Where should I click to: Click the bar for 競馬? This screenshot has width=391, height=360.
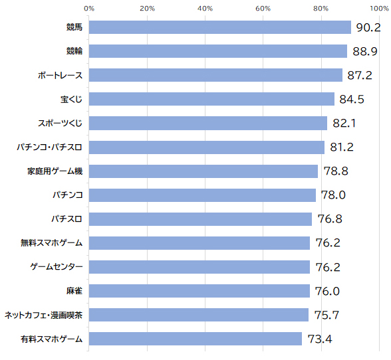220,27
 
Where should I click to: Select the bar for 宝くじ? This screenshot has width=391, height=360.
211,99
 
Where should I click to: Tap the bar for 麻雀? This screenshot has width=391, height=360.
199,291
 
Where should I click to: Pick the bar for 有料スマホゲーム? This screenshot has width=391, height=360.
195,339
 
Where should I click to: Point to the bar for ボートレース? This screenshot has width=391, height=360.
215,75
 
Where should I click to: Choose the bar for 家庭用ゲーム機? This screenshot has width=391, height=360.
203,171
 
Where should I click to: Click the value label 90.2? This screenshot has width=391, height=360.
368,27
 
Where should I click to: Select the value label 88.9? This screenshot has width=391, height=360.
365,51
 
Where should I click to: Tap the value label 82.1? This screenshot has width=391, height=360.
344,123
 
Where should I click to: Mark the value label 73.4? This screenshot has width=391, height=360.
320,339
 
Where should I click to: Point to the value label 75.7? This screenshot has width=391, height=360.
326,315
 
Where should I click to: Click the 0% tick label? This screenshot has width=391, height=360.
89,9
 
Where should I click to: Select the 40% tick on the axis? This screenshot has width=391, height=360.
205,9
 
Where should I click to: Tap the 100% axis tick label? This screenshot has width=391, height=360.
379,9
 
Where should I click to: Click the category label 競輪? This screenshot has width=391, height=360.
74,51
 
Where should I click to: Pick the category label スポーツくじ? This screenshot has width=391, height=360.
60,123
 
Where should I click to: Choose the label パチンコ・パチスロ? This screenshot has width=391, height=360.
49,147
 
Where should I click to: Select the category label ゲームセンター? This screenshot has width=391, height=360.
57,267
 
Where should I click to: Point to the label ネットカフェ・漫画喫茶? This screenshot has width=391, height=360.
43,315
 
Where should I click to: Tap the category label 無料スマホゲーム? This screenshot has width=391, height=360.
51,242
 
